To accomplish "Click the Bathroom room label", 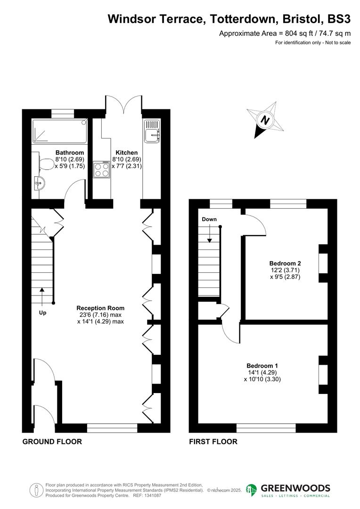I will click(x=70, y=153).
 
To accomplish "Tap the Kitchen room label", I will click(x=127, y=153).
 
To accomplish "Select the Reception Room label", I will click(x=101, y=308).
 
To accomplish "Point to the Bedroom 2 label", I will click(x=285, y=263).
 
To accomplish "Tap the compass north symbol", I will click(x=265, y=120).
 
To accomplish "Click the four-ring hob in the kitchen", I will click(x=101, y=170).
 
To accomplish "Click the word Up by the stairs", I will click(x=42, y=312).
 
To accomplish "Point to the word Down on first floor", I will click(x=209, y=220).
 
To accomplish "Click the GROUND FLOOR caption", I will click(x=52, y=442).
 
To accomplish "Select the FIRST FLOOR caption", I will click(x=213, y=442).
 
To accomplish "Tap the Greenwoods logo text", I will click(x=295, y=488).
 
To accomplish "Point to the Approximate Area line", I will click(x=285, y=33).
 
